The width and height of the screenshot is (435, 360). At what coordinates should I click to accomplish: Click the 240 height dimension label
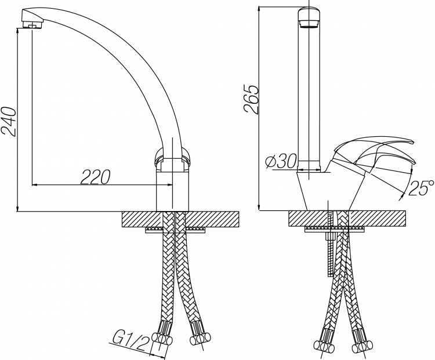[x=9, y=122]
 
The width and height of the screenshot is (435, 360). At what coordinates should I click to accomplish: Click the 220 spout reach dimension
[x=96, y=177]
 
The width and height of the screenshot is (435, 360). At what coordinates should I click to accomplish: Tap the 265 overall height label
[x=251, y=99]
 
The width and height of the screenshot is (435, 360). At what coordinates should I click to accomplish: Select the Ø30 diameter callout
[x=281, y=161]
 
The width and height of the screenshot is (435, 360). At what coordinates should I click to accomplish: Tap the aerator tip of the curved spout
[x=32, y=26]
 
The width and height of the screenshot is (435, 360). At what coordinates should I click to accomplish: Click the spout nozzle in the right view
[x=309, y=24]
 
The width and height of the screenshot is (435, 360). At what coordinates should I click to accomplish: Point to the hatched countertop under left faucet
[x=180, y=219]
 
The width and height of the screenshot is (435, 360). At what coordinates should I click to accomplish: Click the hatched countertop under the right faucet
[x=347, y=219]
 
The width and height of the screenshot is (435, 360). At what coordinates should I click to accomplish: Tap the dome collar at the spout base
[x=172, y=158]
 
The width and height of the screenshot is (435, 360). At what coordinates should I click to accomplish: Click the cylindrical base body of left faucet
[x=172, y=191]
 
